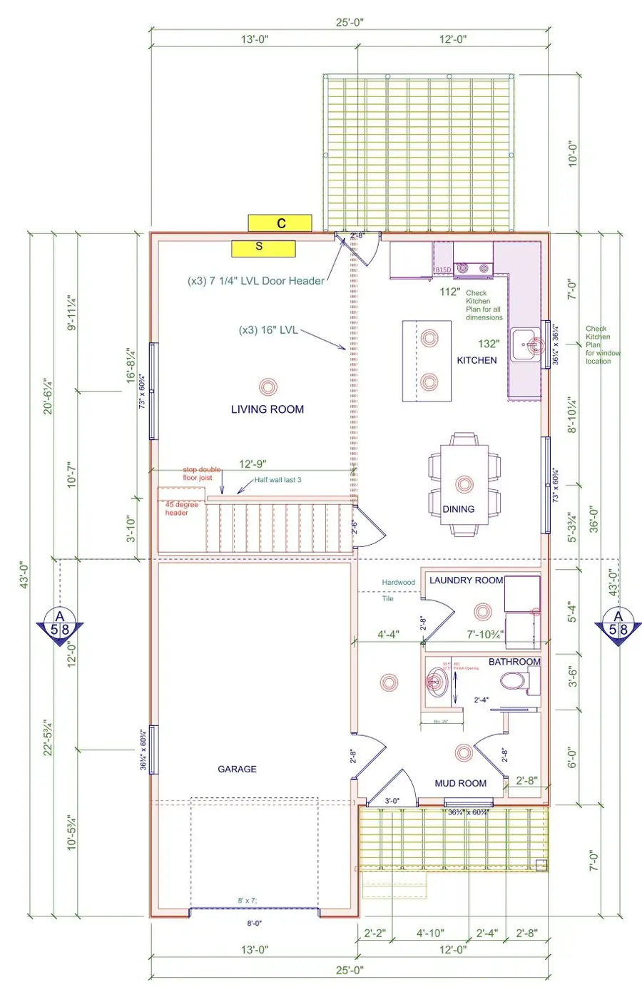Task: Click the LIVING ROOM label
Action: pos(267,409)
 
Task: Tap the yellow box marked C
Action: pos(280,223)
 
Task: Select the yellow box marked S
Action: pos(263,247)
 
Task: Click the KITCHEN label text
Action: pos(477,360)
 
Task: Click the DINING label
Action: pos(458,509)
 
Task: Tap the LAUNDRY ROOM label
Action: pos(466,581)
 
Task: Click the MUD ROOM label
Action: pos(460,783)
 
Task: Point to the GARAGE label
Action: pos(237,769)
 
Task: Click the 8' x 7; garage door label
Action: pos(248,901)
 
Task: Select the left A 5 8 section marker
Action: pos(60,624)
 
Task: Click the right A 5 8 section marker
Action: pos(618,624)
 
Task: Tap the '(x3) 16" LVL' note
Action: pos(268,330)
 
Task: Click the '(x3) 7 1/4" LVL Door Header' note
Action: pos(255,281)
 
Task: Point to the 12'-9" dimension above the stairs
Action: pos(253,464)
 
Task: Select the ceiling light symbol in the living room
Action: pos(267,387)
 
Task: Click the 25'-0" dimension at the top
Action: pos(350,22)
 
